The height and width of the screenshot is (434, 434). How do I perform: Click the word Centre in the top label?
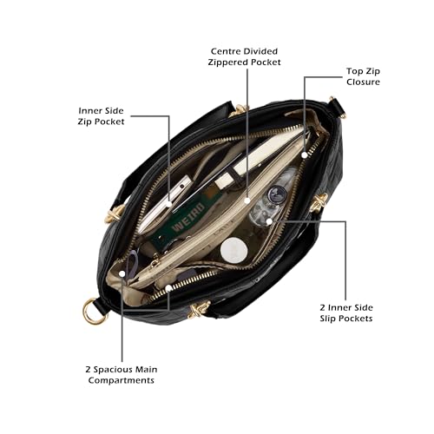pos(226,51)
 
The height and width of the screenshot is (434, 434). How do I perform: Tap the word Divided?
pos(260,51)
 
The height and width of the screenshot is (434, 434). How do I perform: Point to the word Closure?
pos(363,82)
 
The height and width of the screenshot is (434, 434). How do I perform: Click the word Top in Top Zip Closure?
pos(355,71)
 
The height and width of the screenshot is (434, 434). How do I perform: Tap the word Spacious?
pos(113,370)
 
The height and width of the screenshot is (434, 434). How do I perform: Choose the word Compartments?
pos(122,380)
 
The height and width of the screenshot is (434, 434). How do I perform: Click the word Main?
pos(147,370)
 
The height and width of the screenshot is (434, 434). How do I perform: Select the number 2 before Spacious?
pos(88,370)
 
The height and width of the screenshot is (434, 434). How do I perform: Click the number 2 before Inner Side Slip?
pos(323,307)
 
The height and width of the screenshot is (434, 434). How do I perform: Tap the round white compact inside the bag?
pos(233,251)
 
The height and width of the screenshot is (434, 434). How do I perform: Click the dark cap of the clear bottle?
pos(277,194)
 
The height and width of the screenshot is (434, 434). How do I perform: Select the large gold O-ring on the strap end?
pos(93,312)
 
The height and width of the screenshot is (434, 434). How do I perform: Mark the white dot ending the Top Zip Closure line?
pos(304,155)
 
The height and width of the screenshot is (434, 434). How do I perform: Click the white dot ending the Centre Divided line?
pos(247,201)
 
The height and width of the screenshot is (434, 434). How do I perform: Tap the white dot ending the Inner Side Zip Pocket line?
pos(169,204)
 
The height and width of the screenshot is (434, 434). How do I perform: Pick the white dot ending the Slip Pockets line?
pos(269,221)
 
